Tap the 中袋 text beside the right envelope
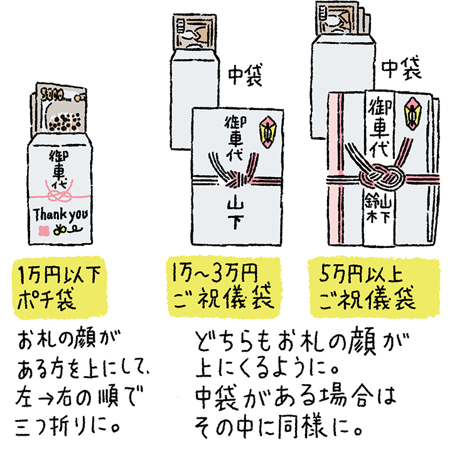(401, 68)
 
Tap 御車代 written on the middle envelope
(233, 138)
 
